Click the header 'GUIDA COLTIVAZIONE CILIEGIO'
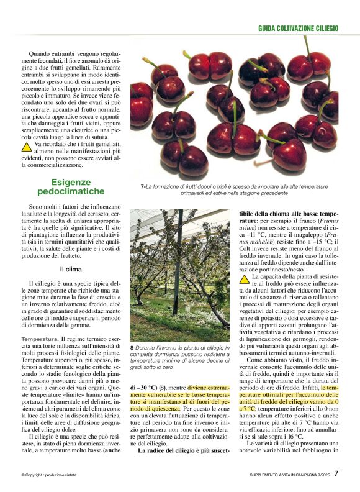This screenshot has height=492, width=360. click(298, 29)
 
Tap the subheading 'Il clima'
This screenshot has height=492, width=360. click(70, 270)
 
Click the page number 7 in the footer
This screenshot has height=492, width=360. click(336, 473)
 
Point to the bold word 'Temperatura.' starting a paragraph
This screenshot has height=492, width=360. click(40, 339)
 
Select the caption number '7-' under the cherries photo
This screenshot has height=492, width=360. click(143, 186)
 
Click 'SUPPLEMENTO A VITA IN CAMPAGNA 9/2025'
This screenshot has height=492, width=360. click(285, 475)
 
